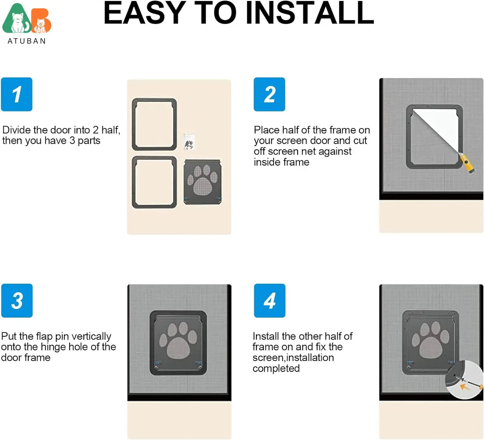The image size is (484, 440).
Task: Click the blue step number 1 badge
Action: [17, 94]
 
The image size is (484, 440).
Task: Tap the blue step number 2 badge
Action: [269, 94]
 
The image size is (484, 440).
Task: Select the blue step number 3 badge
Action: [17, 301]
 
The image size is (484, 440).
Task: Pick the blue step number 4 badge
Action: [270, 301]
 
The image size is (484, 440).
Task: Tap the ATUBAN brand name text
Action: [27, 41]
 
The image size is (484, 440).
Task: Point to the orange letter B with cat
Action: [42, 22]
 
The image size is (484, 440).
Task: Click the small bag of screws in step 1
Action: [189, 142]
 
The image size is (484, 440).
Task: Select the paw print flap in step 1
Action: [202, 182]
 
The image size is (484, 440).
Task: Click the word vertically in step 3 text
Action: [91, 336]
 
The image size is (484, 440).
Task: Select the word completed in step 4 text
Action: [276, 368]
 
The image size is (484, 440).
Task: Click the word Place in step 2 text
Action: [266, 130]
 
